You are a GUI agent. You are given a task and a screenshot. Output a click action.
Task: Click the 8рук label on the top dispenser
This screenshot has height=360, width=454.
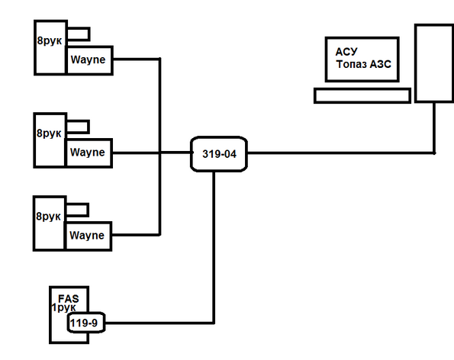[50, 40]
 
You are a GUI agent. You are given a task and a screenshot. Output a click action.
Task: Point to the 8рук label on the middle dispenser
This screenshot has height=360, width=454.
[49, 133]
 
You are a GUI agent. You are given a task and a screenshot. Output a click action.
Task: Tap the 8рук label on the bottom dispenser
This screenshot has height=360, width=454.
[48, 217]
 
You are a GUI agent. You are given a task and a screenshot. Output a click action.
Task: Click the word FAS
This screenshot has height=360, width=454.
[69, 298]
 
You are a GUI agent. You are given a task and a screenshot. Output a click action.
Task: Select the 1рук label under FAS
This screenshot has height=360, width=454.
[63, 307]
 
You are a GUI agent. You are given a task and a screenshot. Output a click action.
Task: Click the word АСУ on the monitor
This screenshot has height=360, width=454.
[346, 52]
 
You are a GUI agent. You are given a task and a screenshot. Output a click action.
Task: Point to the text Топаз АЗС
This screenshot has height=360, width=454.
[364, 64]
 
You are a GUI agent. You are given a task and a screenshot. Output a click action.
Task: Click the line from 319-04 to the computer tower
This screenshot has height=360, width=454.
[341, 153]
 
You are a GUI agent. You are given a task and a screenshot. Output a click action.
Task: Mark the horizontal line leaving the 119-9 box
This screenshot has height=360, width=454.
[159, 323]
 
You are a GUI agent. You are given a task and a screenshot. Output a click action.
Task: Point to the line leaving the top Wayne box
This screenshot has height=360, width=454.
[136, 59]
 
